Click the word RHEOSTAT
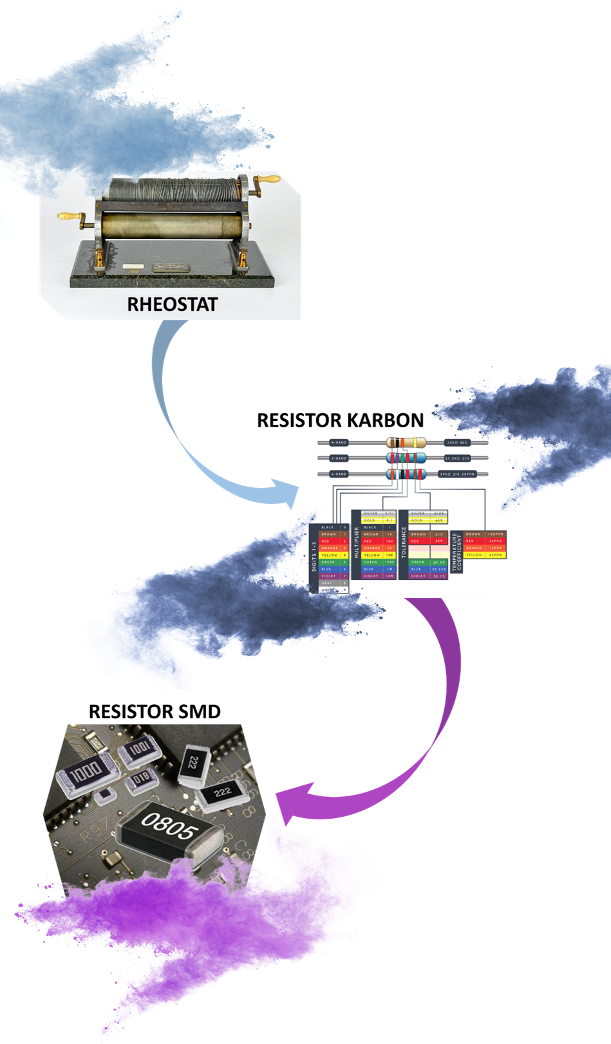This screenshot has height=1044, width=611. pyautogui.click(x=172, y=303)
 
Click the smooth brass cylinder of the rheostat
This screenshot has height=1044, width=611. pyautogui.click(x=173, y=226)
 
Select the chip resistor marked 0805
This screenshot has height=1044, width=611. pyautogui.click(x=169, y=830)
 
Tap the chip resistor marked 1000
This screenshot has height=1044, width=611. pyautogui.click(x=86, y=772)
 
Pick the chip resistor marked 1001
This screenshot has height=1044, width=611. pyautogui.click(x=140, y=750)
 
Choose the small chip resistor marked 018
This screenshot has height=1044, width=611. pyautogui.click(x=141, y=781)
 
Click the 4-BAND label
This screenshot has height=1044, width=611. pyautogui.click(x=339, y=443)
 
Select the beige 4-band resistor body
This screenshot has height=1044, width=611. pyautogui.click(x=406, y=443)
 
